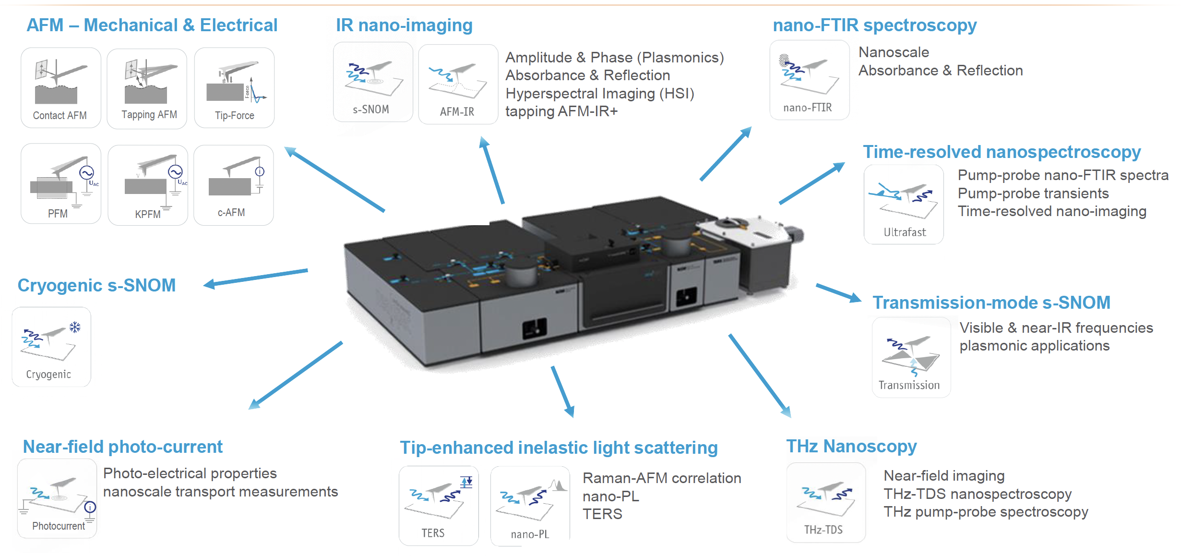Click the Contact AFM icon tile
tap(61, 88)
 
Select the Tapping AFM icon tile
tap(147, 89)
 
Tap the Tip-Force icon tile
tap(234, 88)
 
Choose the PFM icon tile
tap(61, 183)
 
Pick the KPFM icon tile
tap(148, 185)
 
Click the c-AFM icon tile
tap(234, 185)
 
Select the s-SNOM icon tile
tap(373, 82)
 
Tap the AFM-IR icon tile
tap(458, 85)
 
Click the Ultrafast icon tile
tap(904, 205)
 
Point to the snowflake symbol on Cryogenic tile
tap(75, 327)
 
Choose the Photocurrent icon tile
tap(57, 498)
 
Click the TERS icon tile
tap(439, 506)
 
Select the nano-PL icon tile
tap(530, 507)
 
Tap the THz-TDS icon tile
tap(826, 503)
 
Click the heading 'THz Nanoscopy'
tap(851, 446)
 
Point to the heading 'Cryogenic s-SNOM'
tap(96, 285)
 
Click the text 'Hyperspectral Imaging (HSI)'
tap(600, 93)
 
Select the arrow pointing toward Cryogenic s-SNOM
tap(256, 278)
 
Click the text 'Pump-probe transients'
tap(1033, 194)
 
